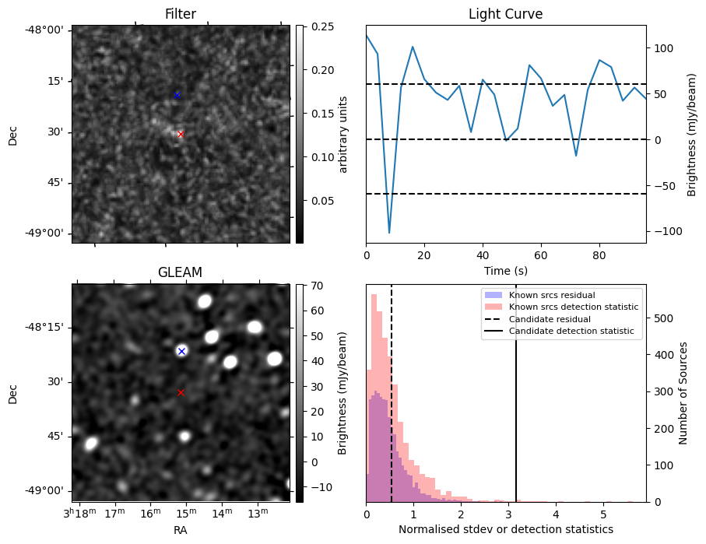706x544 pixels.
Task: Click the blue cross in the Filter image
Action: pyautogui.click(x=177, y=95)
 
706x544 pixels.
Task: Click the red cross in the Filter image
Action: pyautogui.click(x=181, y=134)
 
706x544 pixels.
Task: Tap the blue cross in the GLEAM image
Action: pyautogui.click(x=181, y=351)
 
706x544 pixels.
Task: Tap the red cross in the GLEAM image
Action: pyautogui.click(x=181, y=392)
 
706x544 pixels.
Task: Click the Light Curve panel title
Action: pyautogui.click(x=505, y=14)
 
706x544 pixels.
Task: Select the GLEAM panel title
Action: pyautogui.click(x=180, y=272)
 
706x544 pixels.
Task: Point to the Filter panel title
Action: pyautogui.click(x=180, y=14)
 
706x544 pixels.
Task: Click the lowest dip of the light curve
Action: pyautogui.click(x=389, y=233)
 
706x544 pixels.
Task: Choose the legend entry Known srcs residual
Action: pyautogui.click(x=552, y=295)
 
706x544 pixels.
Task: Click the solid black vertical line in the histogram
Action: pyautogui.click(x=516, y=389)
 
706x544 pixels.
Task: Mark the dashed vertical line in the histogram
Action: pyautogui.click(x=392, y=389)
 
